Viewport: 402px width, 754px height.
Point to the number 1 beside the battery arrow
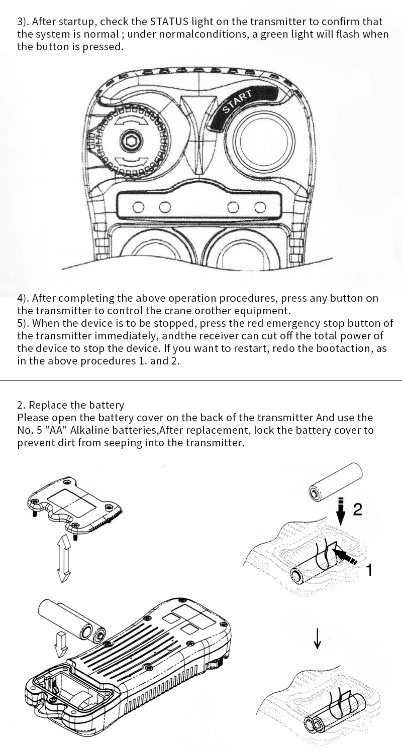click(x=369, y=570)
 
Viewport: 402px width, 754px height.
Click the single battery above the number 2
click(x=336, y=482)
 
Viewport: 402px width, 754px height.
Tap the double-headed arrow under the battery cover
click(x=64, y=558)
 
